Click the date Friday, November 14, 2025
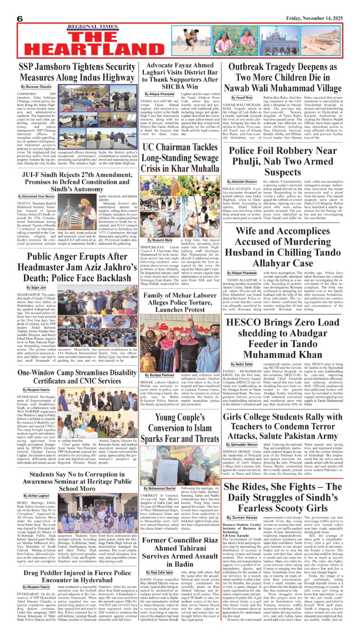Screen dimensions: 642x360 coord(314,18)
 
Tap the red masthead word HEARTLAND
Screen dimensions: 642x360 coord(89,50)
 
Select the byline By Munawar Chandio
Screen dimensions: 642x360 coord(36,87)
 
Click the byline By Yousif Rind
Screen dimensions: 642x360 coord(242,98)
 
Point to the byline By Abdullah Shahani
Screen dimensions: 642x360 coord(242,182)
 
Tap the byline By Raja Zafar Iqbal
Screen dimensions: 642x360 coord(160,572)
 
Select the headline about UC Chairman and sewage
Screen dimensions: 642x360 coord(180,158)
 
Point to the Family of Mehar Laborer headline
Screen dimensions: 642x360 coord(180,302)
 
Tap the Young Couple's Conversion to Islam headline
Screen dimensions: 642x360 coord(180,428)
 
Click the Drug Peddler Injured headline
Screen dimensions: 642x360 coord(77,576)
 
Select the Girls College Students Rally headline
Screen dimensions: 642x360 coord(282,426)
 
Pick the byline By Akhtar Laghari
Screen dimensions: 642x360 coord(36,495)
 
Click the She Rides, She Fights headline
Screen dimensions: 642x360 coord(282,497)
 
